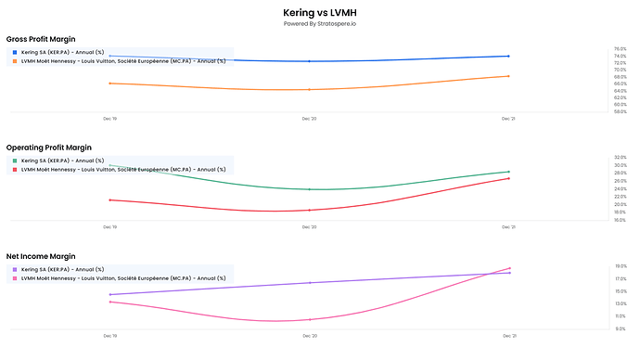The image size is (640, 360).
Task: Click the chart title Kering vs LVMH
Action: [319, 12]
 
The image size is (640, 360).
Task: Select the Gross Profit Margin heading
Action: [42, 39]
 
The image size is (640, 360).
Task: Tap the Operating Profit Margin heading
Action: [49, 148]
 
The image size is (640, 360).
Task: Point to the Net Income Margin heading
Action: [41, 255]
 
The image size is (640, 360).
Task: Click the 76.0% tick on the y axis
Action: [621, 49]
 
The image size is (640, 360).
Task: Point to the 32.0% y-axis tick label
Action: [621, 158]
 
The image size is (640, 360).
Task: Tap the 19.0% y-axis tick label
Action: [621, 266]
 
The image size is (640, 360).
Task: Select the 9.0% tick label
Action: [621, 328]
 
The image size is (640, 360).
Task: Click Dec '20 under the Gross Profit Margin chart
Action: [310, 119]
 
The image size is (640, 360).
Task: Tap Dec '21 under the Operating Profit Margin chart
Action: [508, 226]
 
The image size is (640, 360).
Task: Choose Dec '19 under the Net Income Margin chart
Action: [110, 335]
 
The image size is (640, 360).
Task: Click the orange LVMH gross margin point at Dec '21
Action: [508, 76]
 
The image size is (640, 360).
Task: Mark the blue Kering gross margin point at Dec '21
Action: [508, 57]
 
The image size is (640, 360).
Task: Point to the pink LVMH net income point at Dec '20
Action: [310, 319]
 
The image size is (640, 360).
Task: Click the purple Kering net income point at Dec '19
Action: [110, 294]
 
